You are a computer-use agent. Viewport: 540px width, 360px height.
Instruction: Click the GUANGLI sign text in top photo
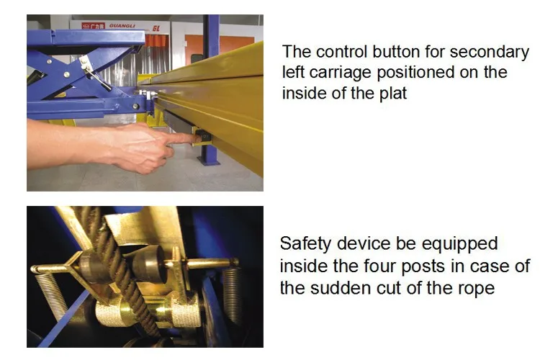pos(122,24)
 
